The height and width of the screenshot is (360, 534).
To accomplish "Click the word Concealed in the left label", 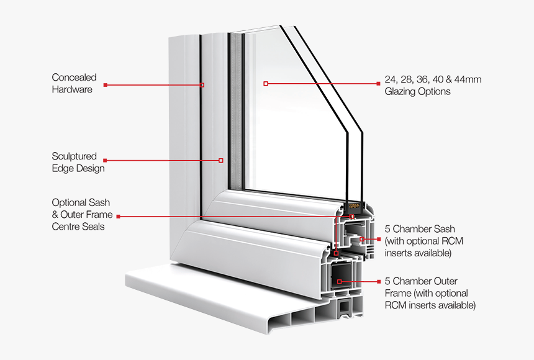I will (x=74, y=78).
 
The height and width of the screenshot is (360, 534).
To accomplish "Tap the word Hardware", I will (x=72, y=89).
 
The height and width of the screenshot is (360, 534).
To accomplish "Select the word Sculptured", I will (x=74, y=156).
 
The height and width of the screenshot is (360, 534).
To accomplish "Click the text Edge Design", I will (x=78, y=168).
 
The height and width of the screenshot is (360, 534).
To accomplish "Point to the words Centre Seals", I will (x=78, y=227).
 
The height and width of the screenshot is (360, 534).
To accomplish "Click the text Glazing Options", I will (x=417, y=91).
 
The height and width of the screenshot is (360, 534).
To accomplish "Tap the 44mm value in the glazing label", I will (x=467, y=79).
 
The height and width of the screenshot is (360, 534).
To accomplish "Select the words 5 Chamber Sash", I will (x=420, y=228).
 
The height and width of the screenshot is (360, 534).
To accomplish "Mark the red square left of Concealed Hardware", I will (x=106, y=84).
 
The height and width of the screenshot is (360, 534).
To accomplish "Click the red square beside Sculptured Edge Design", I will (x=105, y=161).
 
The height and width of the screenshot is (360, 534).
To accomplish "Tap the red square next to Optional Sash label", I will (x=118, y=216).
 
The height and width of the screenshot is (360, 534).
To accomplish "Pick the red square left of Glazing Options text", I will (x=378, y=83).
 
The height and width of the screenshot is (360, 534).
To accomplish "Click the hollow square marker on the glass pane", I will (x=266, y=83).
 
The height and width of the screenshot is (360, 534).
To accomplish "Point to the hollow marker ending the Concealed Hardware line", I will (x=202, y=84).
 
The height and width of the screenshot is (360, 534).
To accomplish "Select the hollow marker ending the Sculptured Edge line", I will (x=220, y=161).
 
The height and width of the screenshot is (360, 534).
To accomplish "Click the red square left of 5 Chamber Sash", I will (x=378, y=239).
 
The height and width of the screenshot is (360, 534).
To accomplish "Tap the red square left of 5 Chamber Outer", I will (x=378, y=281).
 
